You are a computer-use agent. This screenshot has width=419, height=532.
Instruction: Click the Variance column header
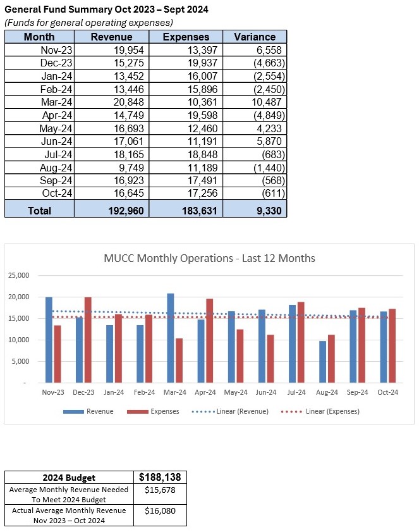(255, 37)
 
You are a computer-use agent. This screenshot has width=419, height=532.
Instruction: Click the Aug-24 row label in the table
(57, 167)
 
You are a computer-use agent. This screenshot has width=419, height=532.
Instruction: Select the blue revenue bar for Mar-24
(171, 338)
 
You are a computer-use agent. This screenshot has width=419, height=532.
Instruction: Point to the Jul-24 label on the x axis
(296, 392)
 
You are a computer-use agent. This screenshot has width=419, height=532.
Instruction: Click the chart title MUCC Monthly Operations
(209, 258)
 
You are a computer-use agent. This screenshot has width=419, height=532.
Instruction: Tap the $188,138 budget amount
(161, 477)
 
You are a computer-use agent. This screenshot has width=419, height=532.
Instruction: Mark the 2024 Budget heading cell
(70, 478)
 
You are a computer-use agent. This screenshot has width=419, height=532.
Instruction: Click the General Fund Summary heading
(106, 10)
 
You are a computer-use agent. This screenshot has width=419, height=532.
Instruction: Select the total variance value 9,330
(266, 210)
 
